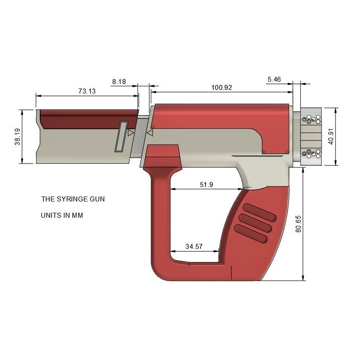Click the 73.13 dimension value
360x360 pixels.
[x=87, y=91]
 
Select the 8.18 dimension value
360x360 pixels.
[x=119, y=82]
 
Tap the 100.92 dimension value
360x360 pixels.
[x=221, y=88]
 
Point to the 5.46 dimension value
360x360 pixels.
[x=274, y=79]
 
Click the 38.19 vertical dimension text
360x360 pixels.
[x=17, y=136]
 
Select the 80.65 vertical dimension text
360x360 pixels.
[x=298, y=224]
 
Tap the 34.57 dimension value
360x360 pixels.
[x=194, y=247]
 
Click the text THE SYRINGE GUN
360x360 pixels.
[x=73, y=199]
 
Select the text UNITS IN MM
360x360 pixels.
[x=62, y=216]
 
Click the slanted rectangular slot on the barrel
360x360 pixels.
[x=121, y=136]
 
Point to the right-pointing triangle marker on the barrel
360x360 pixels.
[x=131, y=133]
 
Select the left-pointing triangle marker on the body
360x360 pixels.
[x=150, y=134]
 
